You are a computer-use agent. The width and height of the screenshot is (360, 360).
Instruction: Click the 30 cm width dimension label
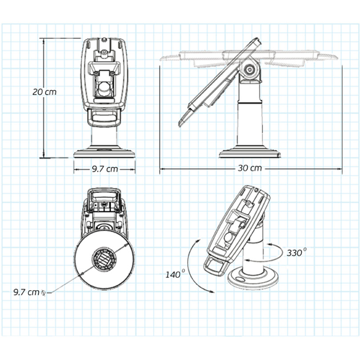pyautogui.click(x=250, y=167)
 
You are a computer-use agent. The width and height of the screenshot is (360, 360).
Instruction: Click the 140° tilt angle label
pyautogui.click(x=174, y=275)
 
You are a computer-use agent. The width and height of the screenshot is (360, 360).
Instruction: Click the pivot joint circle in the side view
pyautogui.click(x=250, y=71)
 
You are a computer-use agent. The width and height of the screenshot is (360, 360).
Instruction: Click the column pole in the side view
pyautogui.click(x=249, y=115)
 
